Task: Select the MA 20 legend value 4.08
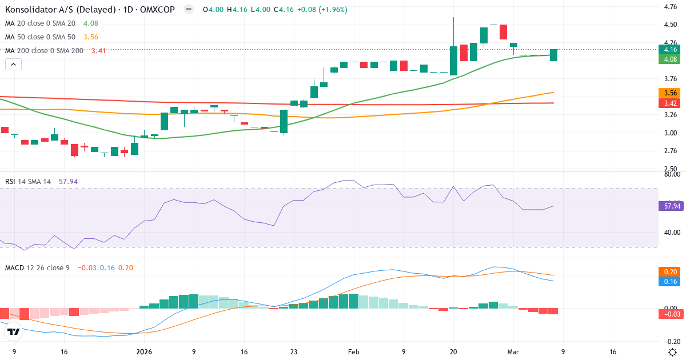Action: click(x=90, y=23)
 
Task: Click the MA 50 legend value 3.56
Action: click(x=90, y=37)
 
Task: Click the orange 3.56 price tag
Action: click(x=669, y=93)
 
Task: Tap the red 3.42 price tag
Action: click(x=669, y=103)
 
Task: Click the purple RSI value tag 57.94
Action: click(x=671, y=206)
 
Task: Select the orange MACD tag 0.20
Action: click(x=669, y=272)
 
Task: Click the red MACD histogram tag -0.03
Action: click(x=669, y=314)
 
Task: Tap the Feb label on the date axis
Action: click(x=353, y=352)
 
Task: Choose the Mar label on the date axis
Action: click(x=513, y=352)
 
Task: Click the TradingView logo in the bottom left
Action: click(x=14, y=331)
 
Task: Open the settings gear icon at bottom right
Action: click(x=673, y=351)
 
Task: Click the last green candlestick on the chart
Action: click(x=553, y=55)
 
